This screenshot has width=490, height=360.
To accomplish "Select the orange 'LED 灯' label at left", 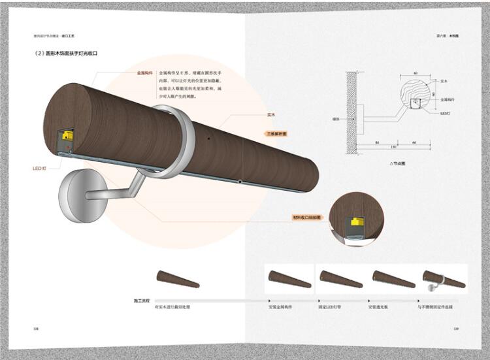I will (40, 169).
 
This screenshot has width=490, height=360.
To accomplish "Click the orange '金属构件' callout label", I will (145, 73).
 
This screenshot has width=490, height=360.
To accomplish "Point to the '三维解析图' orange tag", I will (276, 133).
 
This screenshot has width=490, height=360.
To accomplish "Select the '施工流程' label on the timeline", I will (142, 300).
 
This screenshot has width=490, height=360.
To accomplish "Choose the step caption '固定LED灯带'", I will (331, 306).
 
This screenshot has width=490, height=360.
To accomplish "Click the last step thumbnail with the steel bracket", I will (444, 279).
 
